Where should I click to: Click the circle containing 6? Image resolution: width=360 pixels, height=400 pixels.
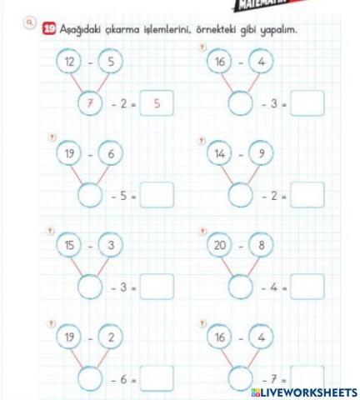pyautogui.click(x=112, y=153)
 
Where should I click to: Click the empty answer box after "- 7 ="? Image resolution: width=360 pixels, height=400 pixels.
pyautogui.click(x=307, y=378)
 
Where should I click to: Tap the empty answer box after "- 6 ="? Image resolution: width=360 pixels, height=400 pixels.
pyautogui.click(x=157, y=378)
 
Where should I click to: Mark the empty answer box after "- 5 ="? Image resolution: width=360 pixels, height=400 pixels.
pyautogui.click(x=157, y=195)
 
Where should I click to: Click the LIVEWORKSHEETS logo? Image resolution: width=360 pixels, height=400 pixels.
pyautogui.click(x=303, y=392)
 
